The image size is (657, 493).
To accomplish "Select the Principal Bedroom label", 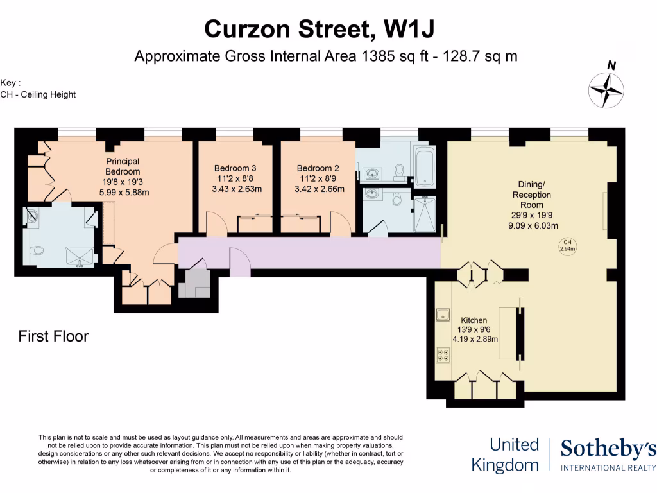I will tap(123, 167).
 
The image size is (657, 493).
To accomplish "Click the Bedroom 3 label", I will tap(235, 168).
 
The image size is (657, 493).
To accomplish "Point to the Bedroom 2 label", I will tap(318, 168).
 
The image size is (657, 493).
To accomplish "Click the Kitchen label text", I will tap(474, 320).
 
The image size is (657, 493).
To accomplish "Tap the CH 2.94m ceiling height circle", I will tap(566, 245).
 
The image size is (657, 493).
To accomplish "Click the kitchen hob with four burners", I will tap(443, 352).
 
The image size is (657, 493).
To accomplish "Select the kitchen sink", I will tap(443, 315).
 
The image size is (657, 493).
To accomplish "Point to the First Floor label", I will tap(53, 336).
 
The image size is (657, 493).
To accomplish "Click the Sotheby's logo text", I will tap(608, 450).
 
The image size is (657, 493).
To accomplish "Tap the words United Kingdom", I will tap(505, 454).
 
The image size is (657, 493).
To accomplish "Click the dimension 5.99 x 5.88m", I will tap(123, 192).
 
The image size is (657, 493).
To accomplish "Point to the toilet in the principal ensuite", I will tap(37, 250).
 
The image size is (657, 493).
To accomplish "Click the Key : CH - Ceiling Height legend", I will tap(38, 89).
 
